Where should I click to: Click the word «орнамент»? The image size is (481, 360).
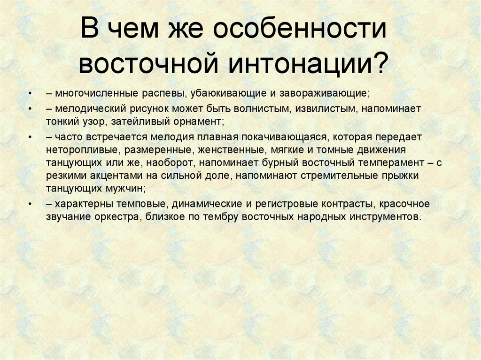point(198,121)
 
